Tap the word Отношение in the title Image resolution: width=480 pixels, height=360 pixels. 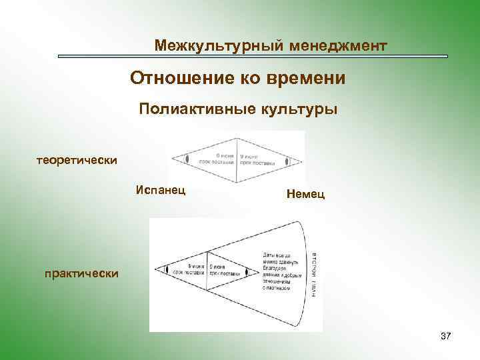[x=175, y=79]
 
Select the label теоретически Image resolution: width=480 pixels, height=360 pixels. [x=77, y=160]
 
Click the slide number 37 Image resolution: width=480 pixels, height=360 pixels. [x=446, y=337]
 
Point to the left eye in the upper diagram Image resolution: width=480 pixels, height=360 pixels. [x=187, y=160]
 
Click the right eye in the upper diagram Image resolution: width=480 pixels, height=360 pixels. [x=287, y=161]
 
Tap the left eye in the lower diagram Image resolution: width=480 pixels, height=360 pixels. [x=166, y=271]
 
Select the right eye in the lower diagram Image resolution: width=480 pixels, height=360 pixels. [x=247, y=272]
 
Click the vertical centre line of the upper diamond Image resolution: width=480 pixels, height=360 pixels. [x=237, y=160]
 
